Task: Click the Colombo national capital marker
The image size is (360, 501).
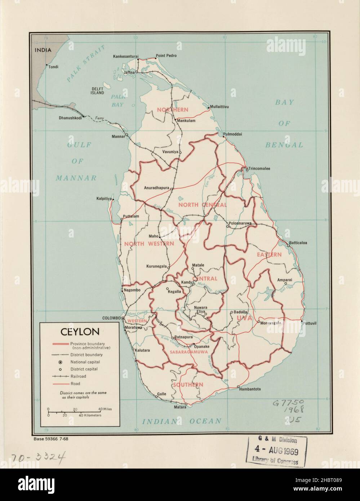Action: click(x=123, y=319)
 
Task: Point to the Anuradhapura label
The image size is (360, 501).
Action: click(x=156, y=188)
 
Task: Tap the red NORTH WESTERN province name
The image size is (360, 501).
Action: click(x=149, y=244)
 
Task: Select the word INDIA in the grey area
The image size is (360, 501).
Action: click(x=43, y=50)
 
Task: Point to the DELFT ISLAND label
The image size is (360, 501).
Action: click(x=97, y=90)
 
